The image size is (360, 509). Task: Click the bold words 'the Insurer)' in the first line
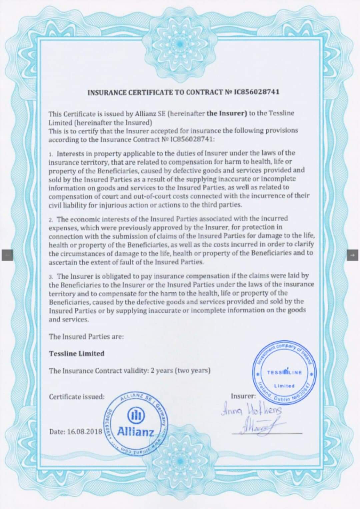pos(227,113)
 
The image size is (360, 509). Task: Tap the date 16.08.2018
pos(85,431)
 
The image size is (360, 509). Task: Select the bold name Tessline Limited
pos(77,354)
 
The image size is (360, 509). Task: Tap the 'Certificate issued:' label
pos(77,397)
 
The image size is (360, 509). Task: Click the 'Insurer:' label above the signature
pos(243,396)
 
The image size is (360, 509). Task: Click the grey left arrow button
pos(7,255)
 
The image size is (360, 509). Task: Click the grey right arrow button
pos(352,255)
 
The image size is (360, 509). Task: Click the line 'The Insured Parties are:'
pos(86,336)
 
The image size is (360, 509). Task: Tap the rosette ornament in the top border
pos(180,43)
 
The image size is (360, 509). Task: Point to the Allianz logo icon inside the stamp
pos(136,416)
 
